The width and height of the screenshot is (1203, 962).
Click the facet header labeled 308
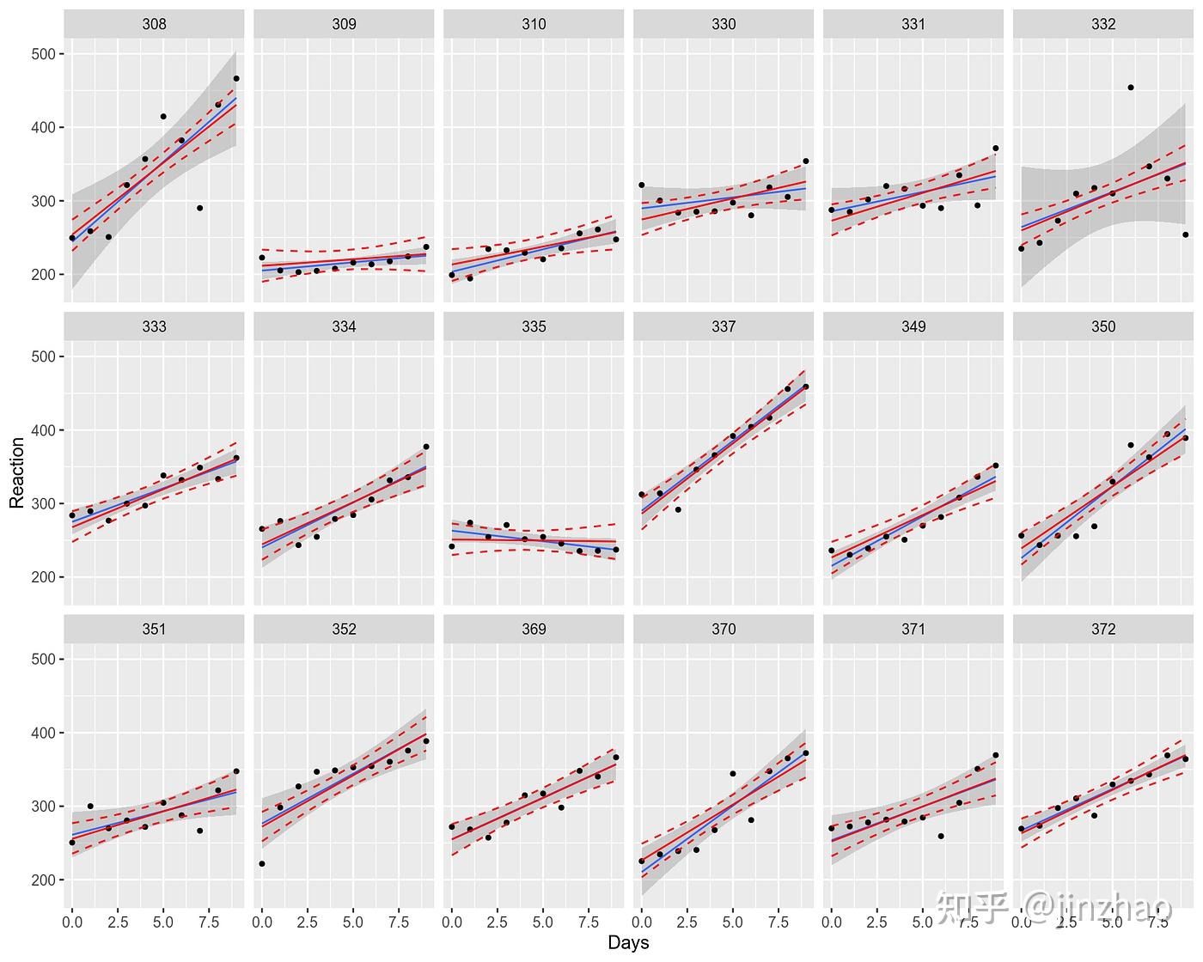(154, 24)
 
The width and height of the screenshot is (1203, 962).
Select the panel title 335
(534, 326)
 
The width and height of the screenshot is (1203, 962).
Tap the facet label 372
(1103, 629)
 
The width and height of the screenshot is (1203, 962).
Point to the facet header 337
(724, 326)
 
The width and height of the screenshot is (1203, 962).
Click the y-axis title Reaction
(17, 472)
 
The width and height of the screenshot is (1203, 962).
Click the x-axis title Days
(628, 942)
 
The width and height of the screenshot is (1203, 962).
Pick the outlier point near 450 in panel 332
(1131, 88)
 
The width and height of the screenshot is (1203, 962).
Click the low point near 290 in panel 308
(199, 208)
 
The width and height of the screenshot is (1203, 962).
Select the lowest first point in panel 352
(262, 864)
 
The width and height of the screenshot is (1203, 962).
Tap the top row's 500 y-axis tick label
(42, 54)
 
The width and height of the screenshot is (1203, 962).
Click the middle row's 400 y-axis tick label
(42, 430)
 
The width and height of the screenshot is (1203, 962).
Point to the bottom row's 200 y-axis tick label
(42, 880)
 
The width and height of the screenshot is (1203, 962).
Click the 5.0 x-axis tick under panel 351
(163, 922)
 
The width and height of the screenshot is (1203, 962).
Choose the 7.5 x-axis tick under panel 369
(589, 922)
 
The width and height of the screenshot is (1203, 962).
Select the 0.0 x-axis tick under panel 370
(642, 922)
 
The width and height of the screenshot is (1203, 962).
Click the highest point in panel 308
(236, 78)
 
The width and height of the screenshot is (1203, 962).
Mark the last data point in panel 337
(805, 387)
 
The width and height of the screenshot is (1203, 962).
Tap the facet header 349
(913, 326)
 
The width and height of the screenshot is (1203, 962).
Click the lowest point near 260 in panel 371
(941, 836)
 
